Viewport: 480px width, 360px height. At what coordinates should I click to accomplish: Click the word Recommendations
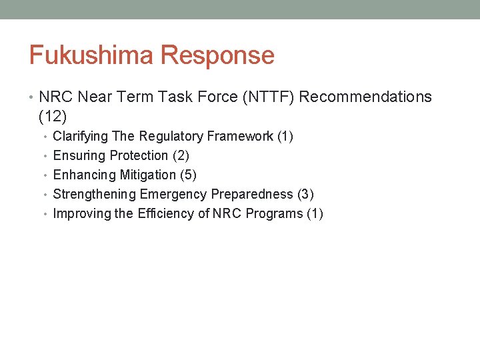pyautogui.click(x=365, y=97)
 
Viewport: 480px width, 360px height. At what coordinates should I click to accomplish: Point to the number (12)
pyautogui.click(x=53, y=117)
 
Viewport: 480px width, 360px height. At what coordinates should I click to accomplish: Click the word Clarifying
pyautogui.click(x=80, y=137)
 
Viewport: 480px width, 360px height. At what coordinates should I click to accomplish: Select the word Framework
pyautogui.click(x=240, y=136)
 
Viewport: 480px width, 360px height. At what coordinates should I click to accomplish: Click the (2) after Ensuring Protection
pyautogui.click(x=181, y=156)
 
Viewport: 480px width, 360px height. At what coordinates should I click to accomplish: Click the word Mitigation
pyautogui.click(x=148, y=175)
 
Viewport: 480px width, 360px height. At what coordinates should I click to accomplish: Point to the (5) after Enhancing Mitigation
pyautogui.click(x=188, y=175)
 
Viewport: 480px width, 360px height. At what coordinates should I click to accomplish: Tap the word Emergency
pyautogui.click(x=173, y=195)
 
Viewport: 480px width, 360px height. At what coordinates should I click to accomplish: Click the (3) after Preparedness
pyautogui.click(x=306, y=194)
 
